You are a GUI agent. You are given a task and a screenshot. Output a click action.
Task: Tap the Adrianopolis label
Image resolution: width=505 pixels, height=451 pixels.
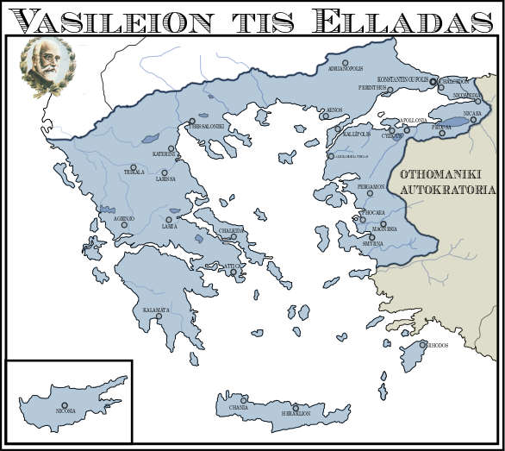pyautogui.click(x=347, y=70)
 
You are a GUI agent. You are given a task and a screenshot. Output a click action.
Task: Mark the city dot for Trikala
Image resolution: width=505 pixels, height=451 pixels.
pyautogui.click(x=133, y=167)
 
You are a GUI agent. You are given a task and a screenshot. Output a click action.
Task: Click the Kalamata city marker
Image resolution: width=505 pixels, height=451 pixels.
pyautogui.click(x=159, y=316)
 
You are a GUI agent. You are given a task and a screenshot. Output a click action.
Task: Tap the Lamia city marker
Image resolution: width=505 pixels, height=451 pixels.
pyautogui.click(x=169, y=219)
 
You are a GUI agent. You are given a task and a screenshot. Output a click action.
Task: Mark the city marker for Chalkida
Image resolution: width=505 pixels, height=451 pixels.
pyautogui.click(x=234, y=237)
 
